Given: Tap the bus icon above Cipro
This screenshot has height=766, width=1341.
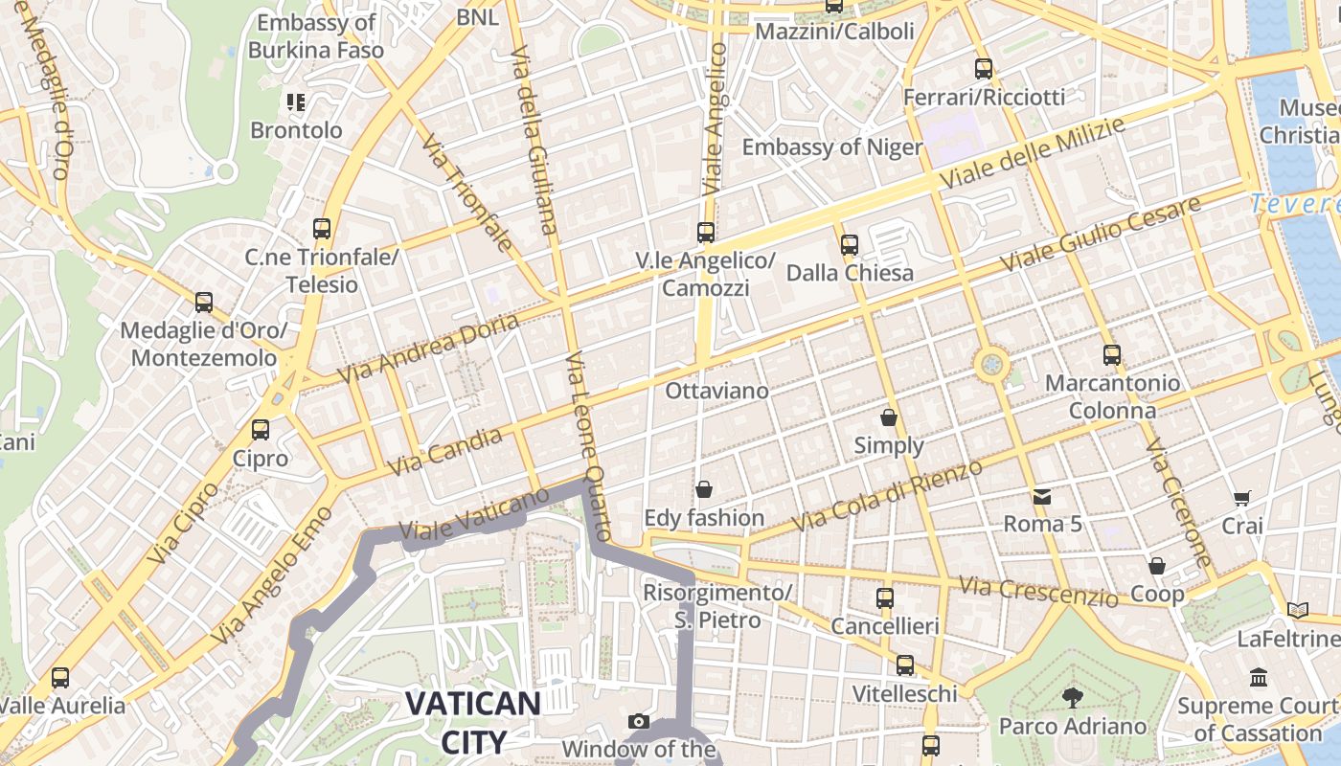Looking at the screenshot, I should tap(261, 430).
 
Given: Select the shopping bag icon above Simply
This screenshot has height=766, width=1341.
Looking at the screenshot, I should tap(889, 417).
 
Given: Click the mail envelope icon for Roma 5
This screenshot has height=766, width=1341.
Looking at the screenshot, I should tap(1042, 496).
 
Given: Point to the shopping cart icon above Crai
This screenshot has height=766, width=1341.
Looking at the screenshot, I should tap(1242, 498).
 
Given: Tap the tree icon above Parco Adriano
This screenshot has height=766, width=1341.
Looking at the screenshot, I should tap(1073, 697).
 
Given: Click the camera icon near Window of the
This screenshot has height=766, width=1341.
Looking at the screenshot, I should tap(639, 721).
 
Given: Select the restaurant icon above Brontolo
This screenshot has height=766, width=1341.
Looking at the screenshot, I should tap(295, 101).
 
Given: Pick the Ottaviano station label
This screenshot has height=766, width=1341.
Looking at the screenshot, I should tap(716, 391).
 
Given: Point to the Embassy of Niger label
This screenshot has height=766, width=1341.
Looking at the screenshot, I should tap(831, 147).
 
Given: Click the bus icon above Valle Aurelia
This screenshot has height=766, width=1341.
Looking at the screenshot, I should tap(60, 678).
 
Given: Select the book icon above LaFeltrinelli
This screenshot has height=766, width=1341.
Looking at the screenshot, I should tap(1298, 610).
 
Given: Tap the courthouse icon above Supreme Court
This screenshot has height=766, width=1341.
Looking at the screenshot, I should tap(1259, 678).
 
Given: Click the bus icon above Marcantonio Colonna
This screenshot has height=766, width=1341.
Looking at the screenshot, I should tap(1111, 355).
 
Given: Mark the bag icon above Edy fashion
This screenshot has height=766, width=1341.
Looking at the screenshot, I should tap(704, 490).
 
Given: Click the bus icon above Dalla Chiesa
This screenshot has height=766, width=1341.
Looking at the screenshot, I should tap(849, 245).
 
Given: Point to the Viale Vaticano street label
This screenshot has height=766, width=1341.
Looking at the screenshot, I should tap(474, 514).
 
